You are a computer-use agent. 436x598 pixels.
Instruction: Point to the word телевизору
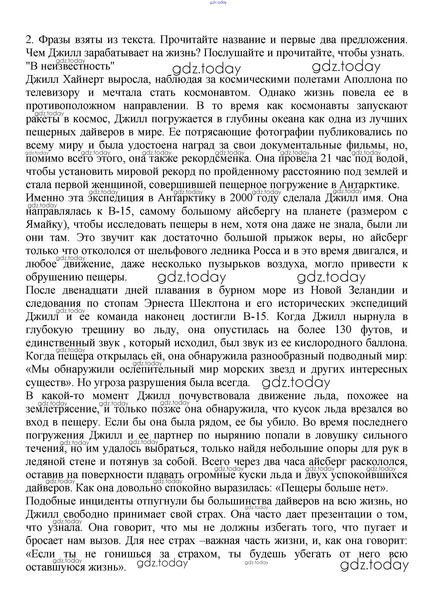tap(53, 93)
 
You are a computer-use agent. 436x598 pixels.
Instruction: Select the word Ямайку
tap(47, 224)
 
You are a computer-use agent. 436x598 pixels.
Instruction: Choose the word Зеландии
tap(372, 290)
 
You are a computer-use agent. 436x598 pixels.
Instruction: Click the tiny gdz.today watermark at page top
tap(218, 2)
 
